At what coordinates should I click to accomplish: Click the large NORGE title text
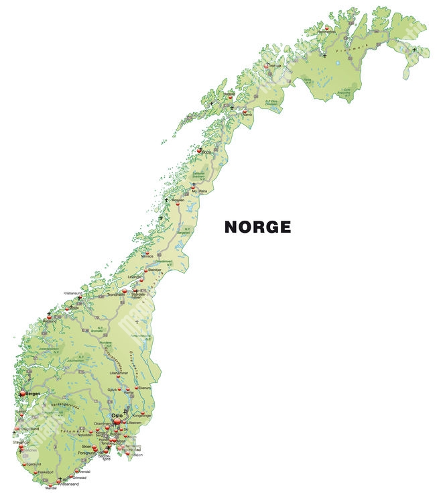(x=257, y=227)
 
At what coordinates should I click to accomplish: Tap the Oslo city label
(x=117, y=416)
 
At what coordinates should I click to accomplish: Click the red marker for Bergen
(x=23, y=394)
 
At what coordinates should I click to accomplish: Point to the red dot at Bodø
(x=198, y=150)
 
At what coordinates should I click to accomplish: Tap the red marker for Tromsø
(x=267, y=66)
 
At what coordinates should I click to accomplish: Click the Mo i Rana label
(x=200, y=190)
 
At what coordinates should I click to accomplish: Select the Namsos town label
(x=147, y=256)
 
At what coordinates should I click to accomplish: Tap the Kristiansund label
(x=73, y=293)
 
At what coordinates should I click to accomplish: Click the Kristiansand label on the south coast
(x=70, y=484)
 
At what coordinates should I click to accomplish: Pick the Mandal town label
(x=51, y=489)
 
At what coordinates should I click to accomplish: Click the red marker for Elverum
(x=137, y=388)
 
